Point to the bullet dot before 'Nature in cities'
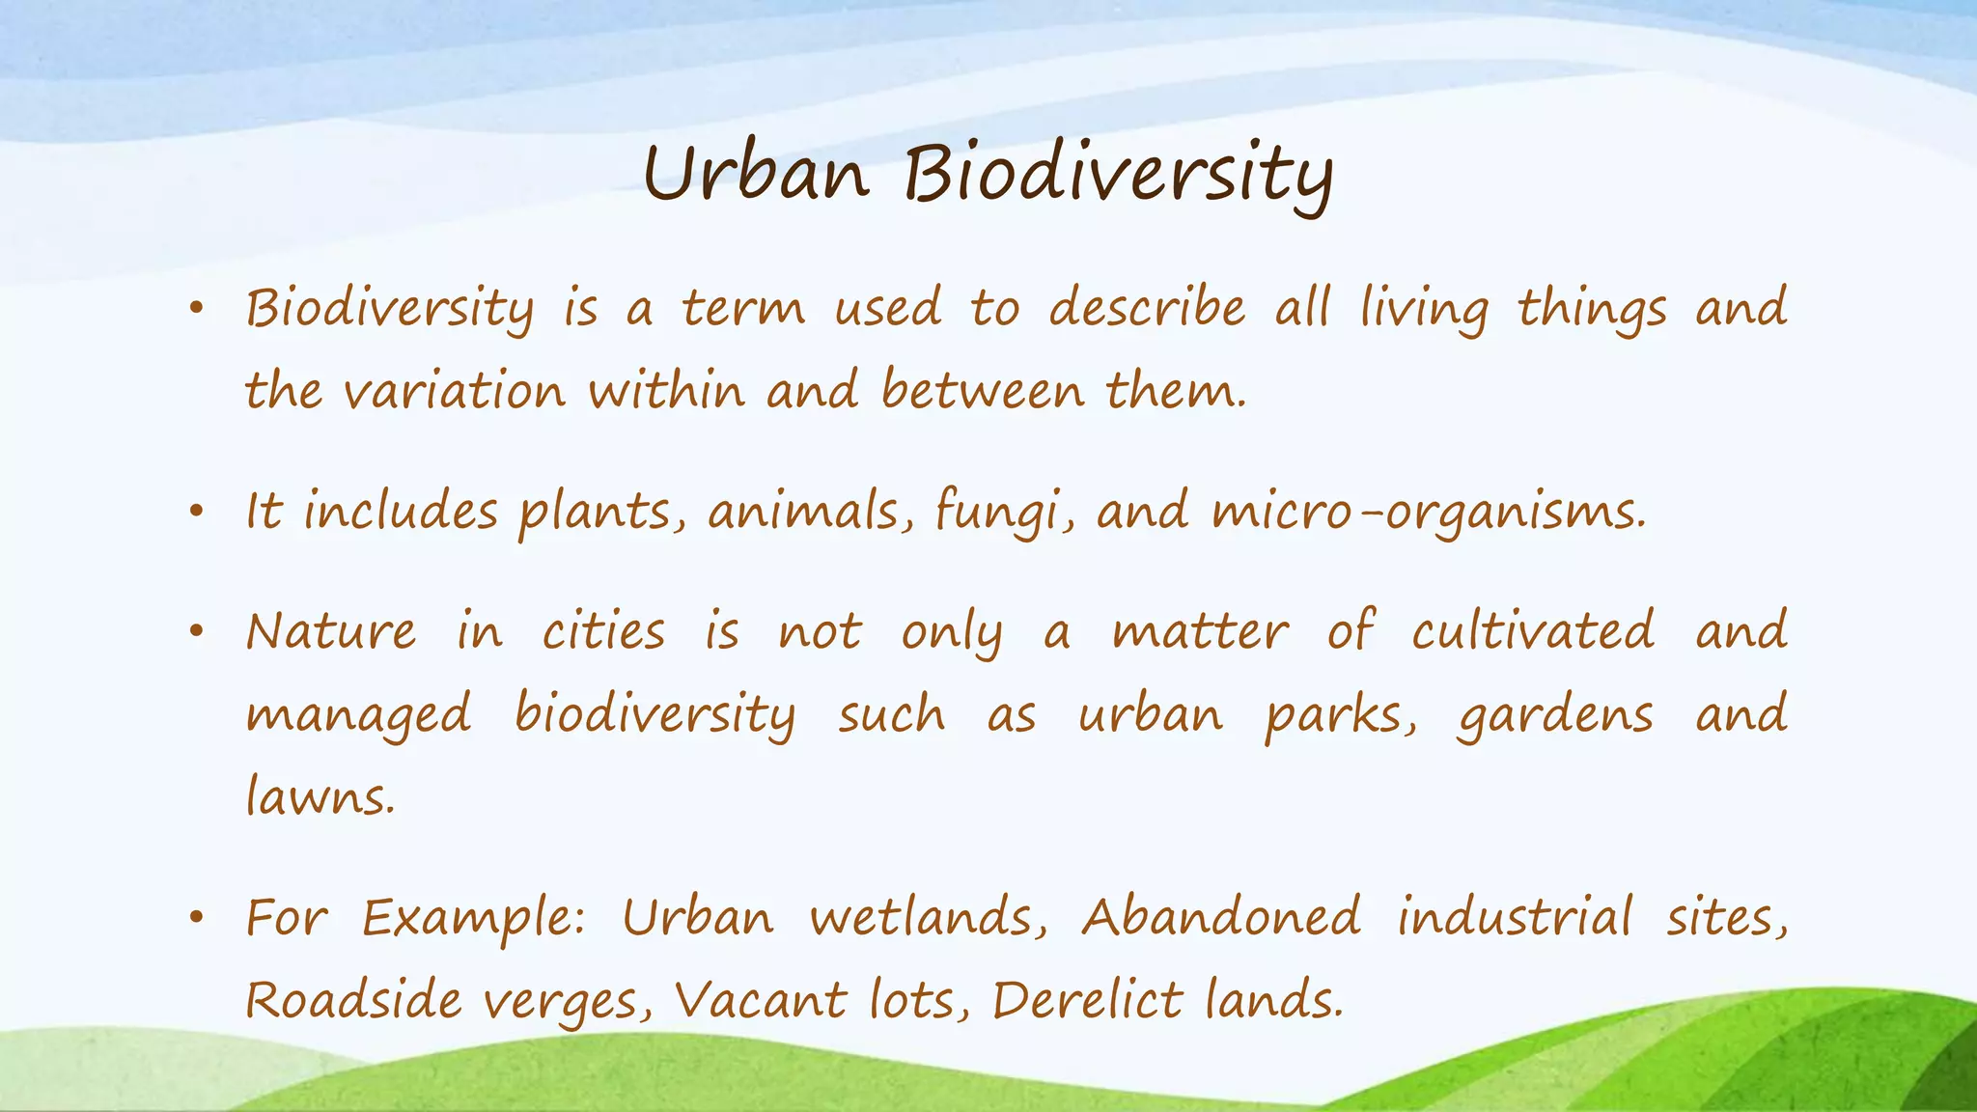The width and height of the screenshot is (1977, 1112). coord(197,633)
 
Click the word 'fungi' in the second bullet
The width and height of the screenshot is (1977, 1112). coord(1004,512)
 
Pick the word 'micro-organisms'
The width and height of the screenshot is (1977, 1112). coord(1427,512)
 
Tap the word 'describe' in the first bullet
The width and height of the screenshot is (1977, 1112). coord(1147,309)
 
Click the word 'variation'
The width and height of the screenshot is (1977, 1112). coord(454,392)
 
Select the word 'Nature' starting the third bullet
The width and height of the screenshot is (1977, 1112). coord(331,633)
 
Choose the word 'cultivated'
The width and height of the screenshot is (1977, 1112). coord(1533,631)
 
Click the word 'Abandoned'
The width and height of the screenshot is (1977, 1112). coord(1221,917)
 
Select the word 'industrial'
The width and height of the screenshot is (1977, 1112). coord(1515,917)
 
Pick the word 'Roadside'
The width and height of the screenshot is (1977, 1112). coord(353,1000)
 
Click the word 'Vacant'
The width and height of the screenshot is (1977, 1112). coord(760,1000)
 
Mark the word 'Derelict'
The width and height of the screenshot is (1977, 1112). coord(1087,1000)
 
